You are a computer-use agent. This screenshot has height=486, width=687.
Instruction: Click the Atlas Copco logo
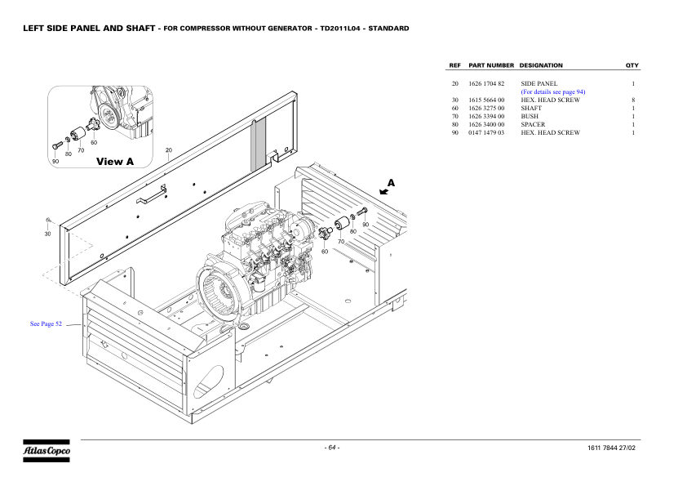pyautogui.click(x=47, y=450)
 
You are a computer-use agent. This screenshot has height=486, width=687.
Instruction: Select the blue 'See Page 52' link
pyautogui.click(x=46, y=324)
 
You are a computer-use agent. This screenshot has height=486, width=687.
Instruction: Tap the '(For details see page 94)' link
pyautogui.click(x=552, y=91)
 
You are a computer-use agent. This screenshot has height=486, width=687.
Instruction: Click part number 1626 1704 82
pyautogui.click(x=487, y=83)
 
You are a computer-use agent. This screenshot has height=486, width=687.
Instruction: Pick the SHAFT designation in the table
pyautogui.click(x=530, y=108)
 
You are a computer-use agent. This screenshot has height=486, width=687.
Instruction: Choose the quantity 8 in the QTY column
pyautogui.click(x=633, y=100)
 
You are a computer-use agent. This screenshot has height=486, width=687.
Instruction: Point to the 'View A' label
pyautogui.click(x=115, y=162)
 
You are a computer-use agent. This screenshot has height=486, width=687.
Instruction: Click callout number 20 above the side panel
pyautogui.click(x=169, y=149)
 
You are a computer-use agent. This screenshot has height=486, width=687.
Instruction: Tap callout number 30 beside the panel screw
pyautogui.click(x=47, y=234)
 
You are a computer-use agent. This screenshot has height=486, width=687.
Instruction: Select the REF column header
pyautogui.click(x=455, y=65)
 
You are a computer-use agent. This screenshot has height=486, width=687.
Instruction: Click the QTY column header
pyautogui.click(x=632, y=65)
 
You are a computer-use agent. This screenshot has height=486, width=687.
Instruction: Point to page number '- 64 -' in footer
pyautogui.click(x=332, y=447)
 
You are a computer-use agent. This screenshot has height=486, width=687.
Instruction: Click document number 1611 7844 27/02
pyautogui.click(x=611, y=447)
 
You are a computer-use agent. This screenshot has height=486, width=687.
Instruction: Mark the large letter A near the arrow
pyautogui.click(x=391, y=182)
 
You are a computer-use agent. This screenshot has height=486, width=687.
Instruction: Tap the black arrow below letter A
pyautogui.click(x=384, y=192)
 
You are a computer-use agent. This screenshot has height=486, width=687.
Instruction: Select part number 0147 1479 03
pyautogui.click(x=487, y=132)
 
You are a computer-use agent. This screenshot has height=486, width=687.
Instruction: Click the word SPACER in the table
pyautogui.click(x=533, y=124)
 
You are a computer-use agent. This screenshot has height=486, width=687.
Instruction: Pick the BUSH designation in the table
pyautogui.click(x=530, y=116)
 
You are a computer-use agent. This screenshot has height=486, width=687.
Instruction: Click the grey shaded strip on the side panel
pyautogui.click(x=259, y=144)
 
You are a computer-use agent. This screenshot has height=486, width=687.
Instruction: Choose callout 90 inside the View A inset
pyautogui.click(x=55, y=161)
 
